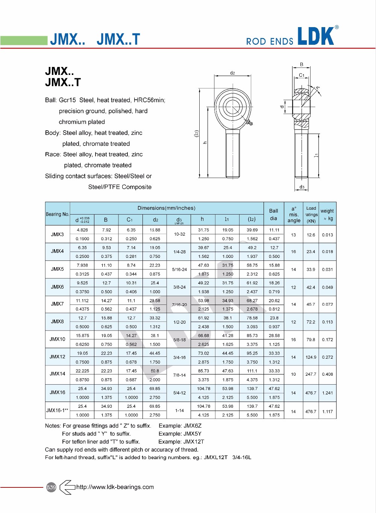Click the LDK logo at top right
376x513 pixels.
point(316,37)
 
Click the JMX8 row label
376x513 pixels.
point(58,322)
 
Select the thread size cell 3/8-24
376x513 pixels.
point(179,287)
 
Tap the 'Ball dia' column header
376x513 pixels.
point(273,215)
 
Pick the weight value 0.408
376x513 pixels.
point(327,374)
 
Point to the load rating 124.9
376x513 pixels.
point(311,357)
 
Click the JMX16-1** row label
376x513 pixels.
point(58,411)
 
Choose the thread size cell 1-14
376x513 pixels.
point(179,411)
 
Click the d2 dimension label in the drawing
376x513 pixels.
point(232,73)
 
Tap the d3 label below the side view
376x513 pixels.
point(302,187)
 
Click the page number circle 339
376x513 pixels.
point(51,487)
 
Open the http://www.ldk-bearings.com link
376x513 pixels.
point(115,487)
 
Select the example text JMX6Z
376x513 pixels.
point(193,426)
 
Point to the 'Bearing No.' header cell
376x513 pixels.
point(58,214)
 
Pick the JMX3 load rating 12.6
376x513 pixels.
point(311,235)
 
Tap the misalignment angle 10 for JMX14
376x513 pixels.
point(293,374)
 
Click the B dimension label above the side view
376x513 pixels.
point(302,65)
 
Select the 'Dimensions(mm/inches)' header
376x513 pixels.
point(166,208)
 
